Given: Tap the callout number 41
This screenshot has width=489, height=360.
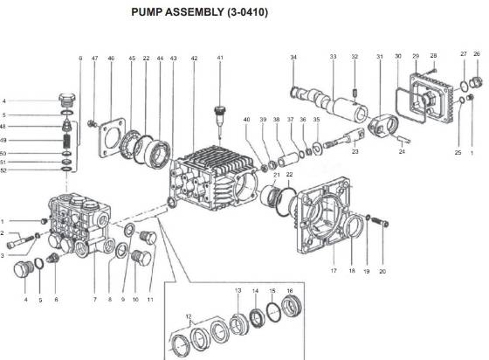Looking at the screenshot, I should (220, 58).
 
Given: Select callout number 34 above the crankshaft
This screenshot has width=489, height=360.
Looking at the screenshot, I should (293, 58).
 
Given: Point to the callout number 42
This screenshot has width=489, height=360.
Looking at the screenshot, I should (194, 58).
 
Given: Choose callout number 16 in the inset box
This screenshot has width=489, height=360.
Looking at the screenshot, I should (289, 289).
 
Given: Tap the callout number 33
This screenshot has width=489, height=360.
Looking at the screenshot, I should (333, 58).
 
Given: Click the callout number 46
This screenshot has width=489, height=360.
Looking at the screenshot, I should (111, 58).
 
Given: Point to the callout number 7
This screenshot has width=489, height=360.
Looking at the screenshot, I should (93, 300).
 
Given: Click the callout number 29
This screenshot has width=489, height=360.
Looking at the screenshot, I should (416, 55).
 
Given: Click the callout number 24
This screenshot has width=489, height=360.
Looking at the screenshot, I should (403, 151).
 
